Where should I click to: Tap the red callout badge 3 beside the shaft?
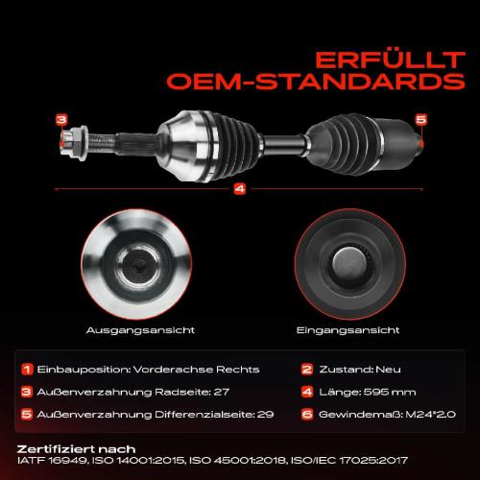click(61, 119)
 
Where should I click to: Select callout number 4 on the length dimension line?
click(239, 189)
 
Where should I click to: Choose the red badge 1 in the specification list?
click(28, 369)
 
